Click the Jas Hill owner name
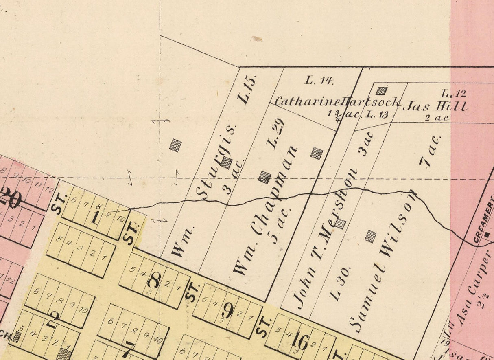click(x=435, y=107)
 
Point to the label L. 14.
click(x=319, y=80)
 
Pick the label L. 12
click(x=454, y=93)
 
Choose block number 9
click(x=227, y=311)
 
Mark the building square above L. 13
click(x=381, y=91)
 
